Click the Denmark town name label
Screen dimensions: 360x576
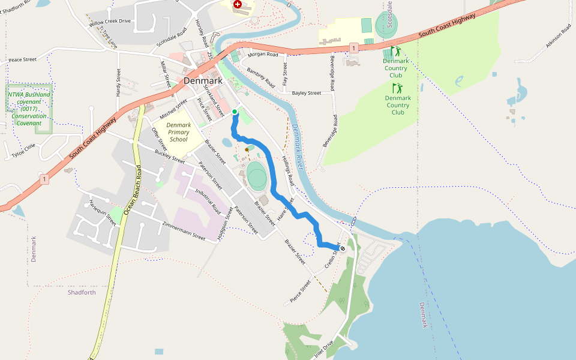coord(203,80)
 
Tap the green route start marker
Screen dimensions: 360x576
coord(235,112)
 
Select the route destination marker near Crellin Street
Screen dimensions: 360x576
coord(343,248)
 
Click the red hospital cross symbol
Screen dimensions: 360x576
coord(238,4)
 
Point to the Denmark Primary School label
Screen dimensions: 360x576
coord(179,132)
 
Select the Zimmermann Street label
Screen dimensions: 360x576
coord(183,231)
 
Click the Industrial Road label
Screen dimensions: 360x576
coord(208,200)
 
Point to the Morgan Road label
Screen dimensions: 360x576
coord(264,55)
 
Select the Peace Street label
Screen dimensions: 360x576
coord(23,60)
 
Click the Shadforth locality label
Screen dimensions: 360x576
coord(82,292)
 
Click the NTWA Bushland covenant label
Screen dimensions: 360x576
coord(29,109)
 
